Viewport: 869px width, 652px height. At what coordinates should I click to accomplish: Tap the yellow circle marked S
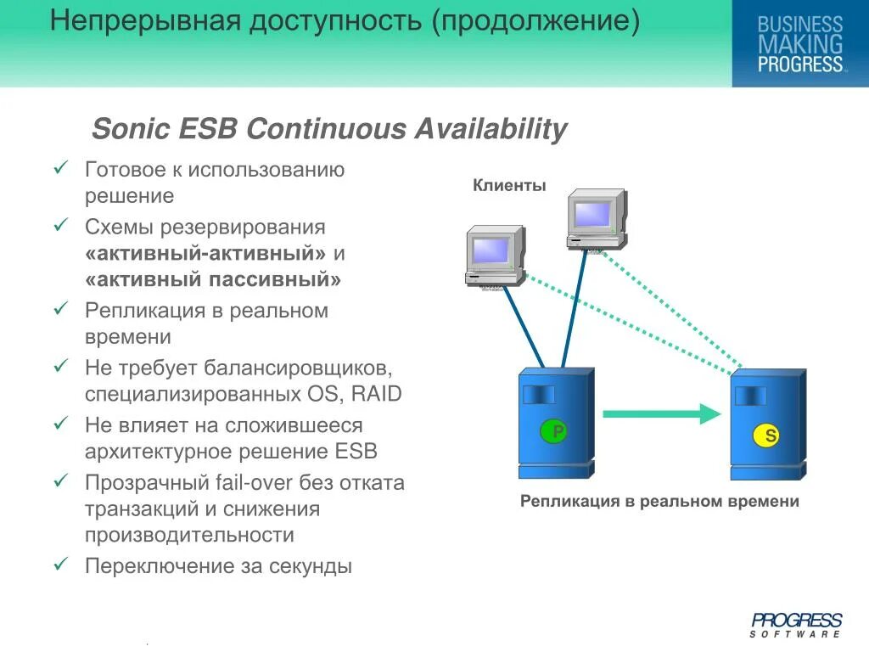766,436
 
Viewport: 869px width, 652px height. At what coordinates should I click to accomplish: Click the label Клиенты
509,186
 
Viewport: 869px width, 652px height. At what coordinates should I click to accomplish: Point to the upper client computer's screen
591,214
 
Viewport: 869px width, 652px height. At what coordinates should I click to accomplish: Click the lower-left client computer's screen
491,250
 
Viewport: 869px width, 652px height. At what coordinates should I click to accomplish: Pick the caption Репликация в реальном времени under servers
659,502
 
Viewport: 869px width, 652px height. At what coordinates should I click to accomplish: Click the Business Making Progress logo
799,44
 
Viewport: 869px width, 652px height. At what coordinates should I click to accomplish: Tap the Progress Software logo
796,625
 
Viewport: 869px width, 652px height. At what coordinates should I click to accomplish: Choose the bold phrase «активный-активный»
205,254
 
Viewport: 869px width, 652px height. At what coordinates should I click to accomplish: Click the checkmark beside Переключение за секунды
60,564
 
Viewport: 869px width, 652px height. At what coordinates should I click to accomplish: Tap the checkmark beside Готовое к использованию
60,168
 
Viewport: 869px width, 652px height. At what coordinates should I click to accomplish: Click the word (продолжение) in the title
535,20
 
